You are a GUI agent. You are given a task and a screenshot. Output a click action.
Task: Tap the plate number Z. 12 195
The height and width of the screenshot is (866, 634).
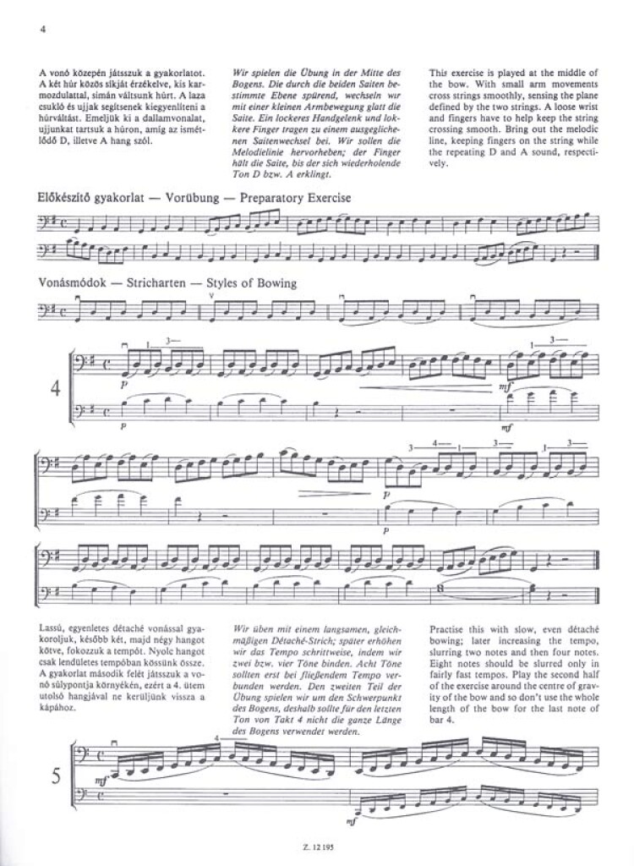316,849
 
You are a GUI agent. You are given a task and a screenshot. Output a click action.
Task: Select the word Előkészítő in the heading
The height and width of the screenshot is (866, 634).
67,197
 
